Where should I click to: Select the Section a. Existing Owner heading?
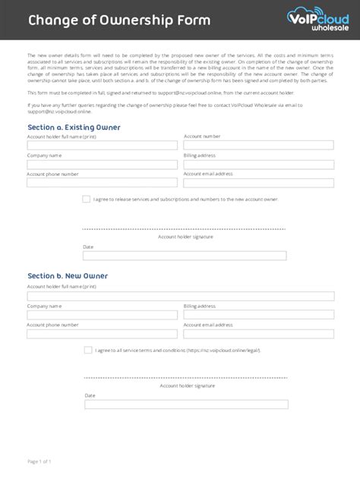point(74,127)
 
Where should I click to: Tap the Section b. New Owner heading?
point(68,275)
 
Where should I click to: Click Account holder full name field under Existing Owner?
point(103,145)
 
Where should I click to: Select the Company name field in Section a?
point(103,163)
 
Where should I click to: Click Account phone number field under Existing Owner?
point(103,182)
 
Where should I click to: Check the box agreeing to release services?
point(87,199)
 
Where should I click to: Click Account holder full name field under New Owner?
point(180,295)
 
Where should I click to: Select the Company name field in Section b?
point(103,313)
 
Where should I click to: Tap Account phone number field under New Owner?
point(103,332)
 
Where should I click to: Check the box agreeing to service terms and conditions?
point(87,350)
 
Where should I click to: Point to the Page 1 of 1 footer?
point(39,461)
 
